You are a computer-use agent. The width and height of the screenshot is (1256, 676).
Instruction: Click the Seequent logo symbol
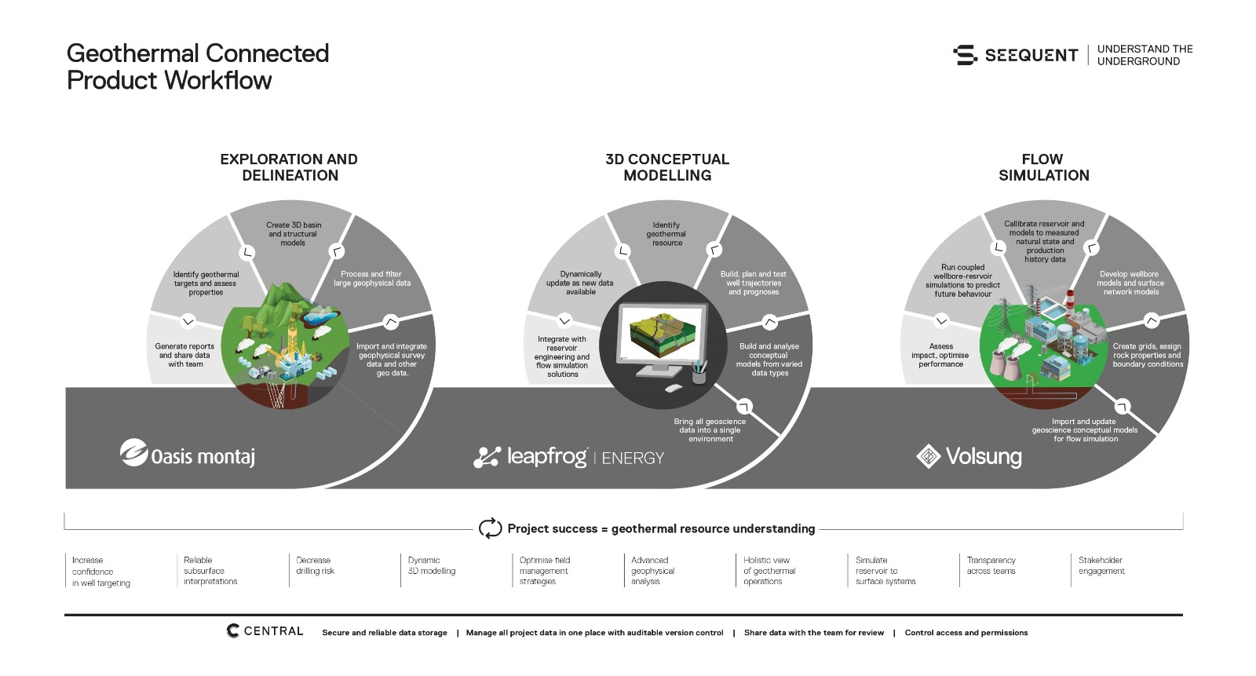(x=965, y=55)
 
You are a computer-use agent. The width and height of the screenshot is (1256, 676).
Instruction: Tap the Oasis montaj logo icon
(x=133, y=453)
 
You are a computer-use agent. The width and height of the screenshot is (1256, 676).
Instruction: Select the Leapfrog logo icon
(x=487, y=457)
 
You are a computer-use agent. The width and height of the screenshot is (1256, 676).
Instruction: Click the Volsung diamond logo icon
(x=929, y=456)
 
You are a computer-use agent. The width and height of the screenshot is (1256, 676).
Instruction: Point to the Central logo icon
(x=232, y=630)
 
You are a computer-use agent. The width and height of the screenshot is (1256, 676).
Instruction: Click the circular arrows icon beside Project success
(x=490, y=528)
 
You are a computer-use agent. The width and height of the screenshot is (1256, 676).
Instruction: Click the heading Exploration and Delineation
(x=290, y=167)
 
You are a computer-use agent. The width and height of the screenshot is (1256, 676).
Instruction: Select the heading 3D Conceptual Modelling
(x=667, y=167)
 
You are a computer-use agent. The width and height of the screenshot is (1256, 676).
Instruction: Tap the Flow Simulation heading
(x=1043, y=167)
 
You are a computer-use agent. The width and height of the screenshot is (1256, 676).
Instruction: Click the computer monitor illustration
(x=662, y=340)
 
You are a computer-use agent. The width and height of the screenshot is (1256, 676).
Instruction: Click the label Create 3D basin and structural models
(x=294, y=234)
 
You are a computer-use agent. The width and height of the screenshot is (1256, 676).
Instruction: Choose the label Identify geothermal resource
(x=666, y=234)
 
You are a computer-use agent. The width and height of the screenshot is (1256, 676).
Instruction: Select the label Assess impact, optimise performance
(x=940, y=355)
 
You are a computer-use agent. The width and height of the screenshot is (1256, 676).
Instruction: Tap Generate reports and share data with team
(x=185, y=355)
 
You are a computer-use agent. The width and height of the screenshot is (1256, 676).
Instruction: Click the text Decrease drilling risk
(x=315, y=565)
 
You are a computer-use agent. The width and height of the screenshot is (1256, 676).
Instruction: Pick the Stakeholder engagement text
(x=1101, y=565)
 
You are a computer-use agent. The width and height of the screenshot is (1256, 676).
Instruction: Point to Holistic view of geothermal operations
(x=769, y=571)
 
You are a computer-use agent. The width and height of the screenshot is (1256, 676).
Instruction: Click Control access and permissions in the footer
(x=966, y=632)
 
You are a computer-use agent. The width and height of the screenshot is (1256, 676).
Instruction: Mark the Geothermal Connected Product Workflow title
(x=197, y=67)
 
